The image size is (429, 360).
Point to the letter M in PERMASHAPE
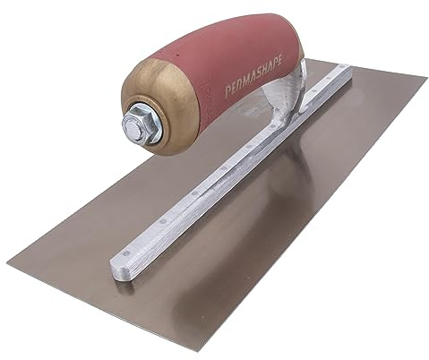click(x=245, y=79)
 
